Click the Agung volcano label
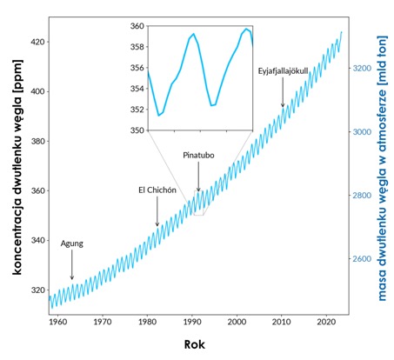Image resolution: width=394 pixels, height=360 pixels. (x=71, y=243)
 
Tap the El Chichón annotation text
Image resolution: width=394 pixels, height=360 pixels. (x=157, y=190)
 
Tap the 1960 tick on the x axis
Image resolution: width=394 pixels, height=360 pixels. (x=57, y=320)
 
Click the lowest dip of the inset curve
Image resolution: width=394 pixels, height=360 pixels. (x=159, y=115)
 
